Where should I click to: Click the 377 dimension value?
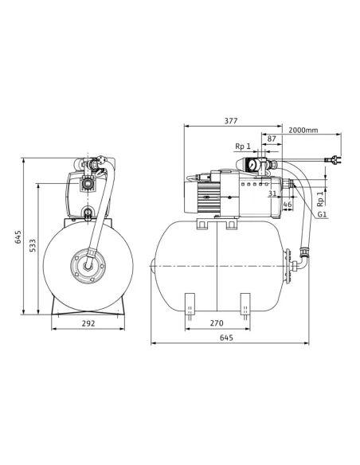(x=231, y=121)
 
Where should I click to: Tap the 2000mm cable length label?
(x=303, y=131)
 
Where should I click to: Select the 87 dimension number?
(x=272, y=139)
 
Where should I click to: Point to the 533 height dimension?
(x=33, y=245)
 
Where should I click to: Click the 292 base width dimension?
(x=88, y=323)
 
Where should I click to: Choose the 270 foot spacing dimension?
(x=217, y=323)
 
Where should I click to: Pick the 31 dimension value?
(x=272, y=193)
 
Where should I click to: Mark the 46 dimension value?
(x=288, y=205)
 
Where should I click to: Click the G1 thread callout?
(x=323, y=214)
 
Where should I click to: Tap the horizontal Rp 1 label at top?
(x=243, y=147)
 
